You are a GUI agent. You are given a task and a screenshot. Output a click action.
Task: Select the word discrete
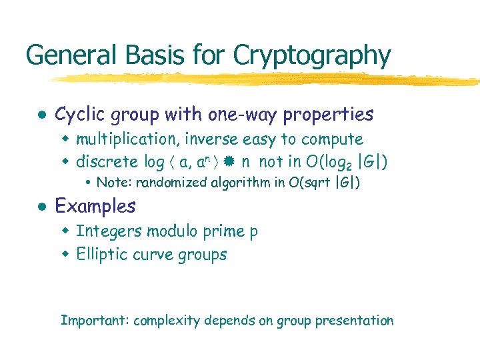[x=107, y=162]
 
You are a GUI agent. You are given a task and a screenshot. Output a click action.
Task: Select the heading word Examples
[x=95, y=207]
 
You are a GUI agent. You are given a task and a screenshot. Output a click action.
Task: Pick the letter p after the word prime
[x=253, y=233]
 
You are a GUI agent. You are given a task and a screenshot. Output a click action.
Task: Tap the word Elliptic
[x=99, y=255]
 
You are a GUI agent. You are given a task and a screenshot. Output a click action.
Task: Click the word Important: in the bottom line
[x=95, y=321]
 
